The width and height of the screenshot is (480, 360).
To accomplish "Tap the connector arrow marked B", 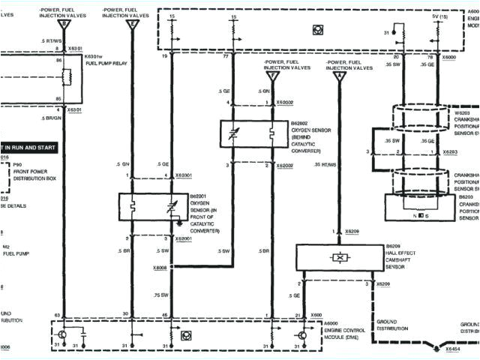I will pyautogui.click(x=64, y=25).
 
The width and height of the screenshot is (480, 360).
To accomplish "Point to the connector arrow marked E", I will pyautogui.click(x=132, y=25).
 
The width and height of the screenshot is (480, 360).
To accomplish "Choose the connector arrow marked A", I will pyautogui.click(x=338, y=76).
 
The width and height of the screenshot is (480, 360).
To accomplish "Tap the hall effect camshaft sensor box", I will pyautogui.click(x=341, y=257).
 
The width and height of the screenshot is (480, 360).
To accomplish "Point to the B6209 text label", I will pyautogui.click(x=395, y=245).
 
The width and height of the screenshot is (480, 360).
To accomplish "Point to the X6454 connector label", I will pyautogui.click(x=453, y=349).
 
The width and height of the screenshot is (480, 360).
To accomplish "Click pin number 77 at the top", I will pyautogui.click(x=226, y=57).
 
